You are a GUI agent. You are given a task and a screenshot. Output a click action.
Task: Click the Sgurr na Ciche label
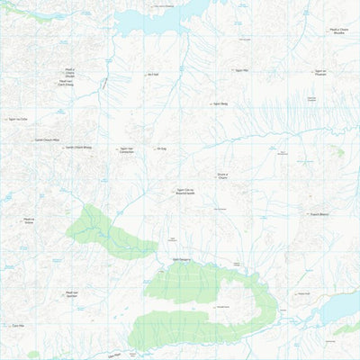tap(18, 118)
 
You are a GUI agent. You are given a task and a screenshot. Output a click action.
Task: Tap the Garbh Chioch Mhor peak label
tap(47, 139)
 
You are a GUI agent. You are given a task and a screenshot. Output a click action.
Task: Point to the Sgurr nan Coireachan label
tap(126, 150)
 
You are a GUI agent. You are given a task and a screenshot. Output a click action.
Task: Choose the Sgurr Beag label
tap(219, 103)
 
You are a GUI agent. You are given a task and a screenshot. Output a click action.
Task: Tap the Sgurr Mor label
tap(238, 69)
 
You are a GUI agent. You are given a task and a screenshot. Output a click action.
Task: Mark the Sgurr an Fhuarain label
tap(319, 71)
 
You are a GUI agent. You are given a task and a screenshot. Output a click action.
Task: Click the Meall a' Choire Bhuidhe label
tap(338, 32)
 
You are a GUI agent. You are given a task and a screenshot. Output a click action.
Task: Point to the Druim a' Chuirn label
tap(222, 176)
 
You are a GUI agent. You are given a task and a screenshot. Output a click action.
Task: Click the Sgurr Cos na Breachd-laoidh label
tap(187, 192)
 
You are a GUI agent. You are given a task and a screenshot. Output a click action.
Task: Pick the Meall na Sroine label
tap(29, 220)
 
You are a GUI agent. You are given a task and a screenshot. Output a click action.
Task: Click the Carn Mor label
tap(16, 326)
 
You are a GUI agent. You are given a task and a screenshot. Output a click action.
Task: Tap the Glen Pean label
tap(112, 356)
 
